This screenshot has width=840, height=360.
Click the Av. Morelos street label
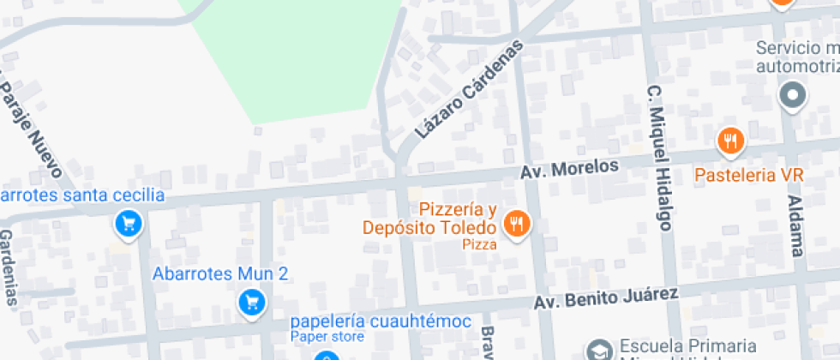tap(569, 168)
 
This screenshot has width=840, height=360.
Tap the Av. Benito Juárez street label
tap(606, 298)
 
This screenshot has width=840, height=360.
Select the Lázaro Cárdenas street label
tap(469, 90)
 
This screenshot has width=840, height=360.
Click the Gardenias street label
tap(8, 267)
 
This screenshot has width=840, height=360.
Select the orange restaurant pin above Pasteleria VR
tap(730, 141)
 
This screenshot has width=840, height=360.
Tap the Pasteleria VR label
tap(748, 174)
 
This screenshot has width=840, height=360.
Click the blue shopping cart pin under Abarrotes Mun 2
tap(251, 302)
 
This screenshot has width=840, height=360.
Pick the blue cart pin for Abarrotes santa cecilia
tap(129, 225)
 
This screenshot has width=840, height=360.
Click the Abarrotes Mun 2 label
tap(220, 274)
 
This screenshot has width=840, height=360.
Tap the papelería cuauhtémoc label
tap(381, 321)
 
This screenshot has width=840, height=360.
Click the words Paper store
tap(327, 337)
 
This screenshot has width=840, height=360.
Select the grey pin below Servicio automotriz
tap(791, 95)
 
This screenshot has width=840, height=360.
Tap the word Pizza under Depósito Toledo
tap(480, 244)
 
